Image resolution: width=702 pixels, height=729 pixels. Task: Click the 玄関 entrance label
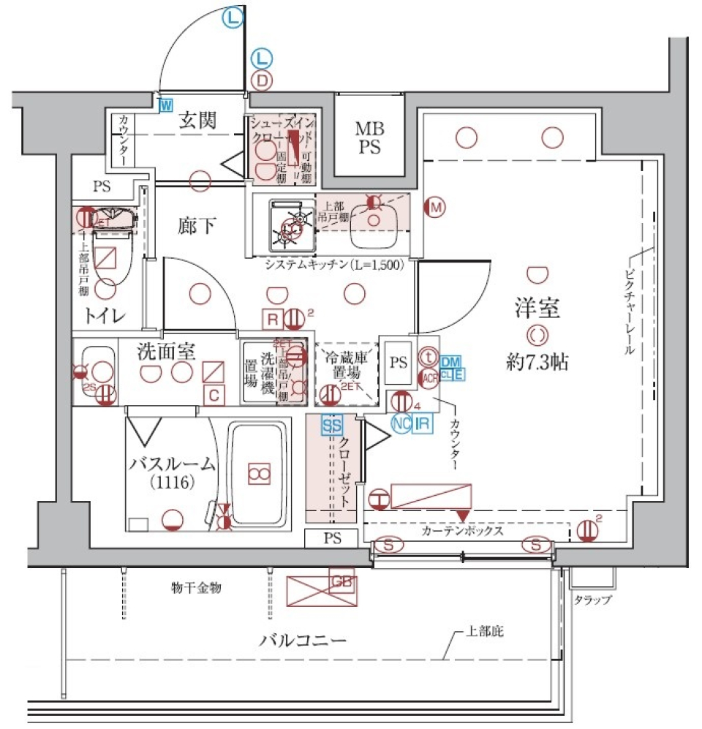[x=197, y=121]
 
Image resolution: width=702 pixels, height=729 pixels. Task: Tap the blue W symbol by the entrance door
[x=167, y=105]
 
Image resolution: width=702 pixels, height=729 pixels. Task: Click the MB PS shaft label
[x=369, y=137]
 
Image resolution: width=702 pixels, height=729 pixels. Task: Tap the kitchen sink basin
[x=374, y=222]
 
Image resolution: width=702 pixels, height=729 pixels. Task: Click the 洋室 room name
[x=535, y=309]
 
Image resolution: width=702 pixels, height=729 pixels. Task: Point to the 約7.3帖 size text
[x=540, y=360]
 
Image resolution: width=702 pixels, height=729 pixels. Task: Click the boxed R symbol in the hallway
[x=272, y=319]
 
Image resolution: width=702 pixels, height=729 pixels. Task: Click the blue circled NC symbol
[x=401, y=423]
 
